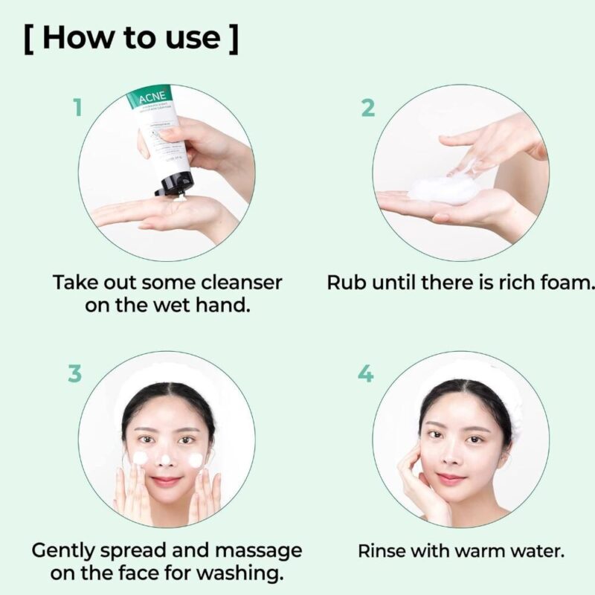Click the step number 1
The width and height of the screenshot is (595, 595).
click(x=76, y=108)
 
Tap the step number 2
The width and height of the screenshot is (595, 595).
click(x=367, y=108)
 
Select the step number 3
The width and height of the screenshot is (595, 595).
click(x=74, y=373)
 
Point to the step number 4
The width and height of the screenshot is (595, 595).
click(x=366, y=373)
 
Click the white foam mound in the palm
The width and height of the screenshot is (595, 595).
click(x=444, y=190)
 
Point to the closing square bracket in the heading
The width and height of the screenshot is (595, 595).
click(x=233, y=39)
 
